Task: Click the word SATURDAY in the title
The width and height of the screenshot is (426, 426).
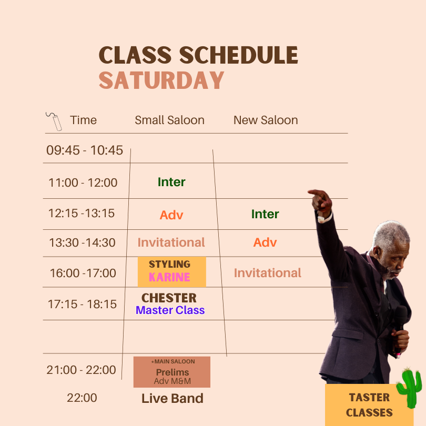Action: pyautogui.click(x=161, y=80)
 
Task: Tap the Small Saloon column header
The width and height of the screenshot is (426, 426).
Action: pyautogui.click(x=169, y=120)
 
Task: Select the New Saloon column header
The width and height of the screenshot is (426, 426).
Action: pyautogui.click(x=266, y=120)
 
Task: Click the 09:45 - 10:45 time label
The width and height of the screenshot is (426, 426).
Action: pyautogui.click(x=85, y=150)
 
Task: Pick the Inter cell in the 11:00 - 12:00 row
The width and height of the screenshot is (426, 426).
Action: pyautogui.click(x=171, y=182)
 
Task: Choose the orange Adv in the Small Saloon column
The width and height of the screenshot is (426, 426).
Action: pyautogui.click(x=171, y=215)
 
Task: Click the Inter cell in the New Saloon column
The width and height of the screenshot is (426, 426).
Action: pyautogui.click(x=265, y=214)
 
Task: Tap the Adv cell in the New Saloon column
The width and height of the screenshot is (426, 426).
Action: pyautogui.click(x=265, y=242)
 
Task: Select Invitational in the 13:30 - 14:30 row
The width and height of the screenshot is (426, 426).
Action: pyautogui.click(x=171, y=242)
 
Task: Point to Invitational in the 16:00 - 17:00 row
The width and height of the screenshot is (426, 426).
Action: pyautogui.click(x=268, y=273)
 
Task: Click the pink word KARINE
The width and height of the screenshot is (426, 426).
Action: pyautogui.click(x=169, y=277)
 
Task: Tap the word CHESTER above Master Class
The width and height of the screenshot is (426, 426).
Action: pyautogui.click(x=169, y=298)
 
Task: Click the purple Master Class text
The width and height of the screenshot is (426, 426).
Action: pyautogui.click(x=170, y=310)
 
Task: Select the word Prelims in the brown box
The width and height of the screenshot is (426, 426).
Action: pyautogui.click(x=173, y=372)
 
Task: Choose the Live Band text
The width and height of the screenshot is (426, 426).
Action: pyautogui.click(x=173, y=398)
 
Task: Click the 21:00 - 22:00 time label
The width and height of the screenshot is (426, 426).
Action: pyautogui.click(x=81, y=370)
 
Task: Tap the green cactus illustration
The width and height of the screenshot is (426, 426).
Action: pyautogui.click(x=410, y=388)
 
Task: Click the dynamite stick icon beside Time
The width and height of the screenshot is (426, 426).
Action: pyautogui.click(x=55, y=121)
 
